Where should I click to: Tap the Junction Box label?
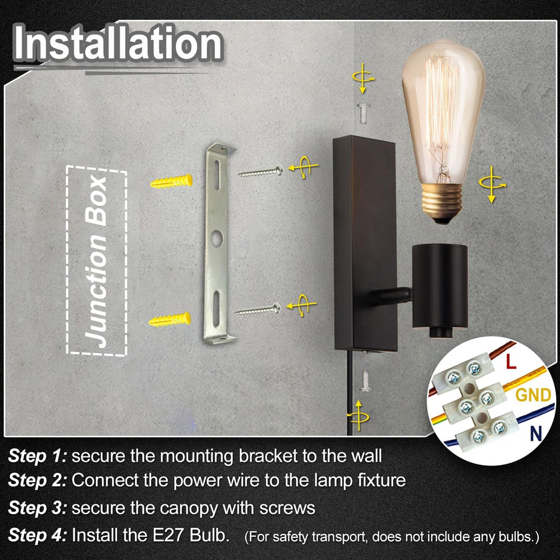coord(96,261)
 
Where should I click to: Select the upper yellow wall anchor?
coord(172,181)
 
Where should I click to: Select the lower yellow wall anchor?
coord(170,319)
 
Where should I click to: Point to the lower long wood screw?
coord(258,309)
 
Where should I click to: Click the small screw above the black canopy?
coord(363,113)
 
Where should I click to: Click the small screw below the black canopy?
coord(365,381)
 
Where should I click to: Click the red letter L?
coord(511,361)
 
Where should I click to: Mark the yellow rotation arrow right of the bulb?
coord(492,184)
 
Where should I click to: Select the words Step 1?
coord(38,455)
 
